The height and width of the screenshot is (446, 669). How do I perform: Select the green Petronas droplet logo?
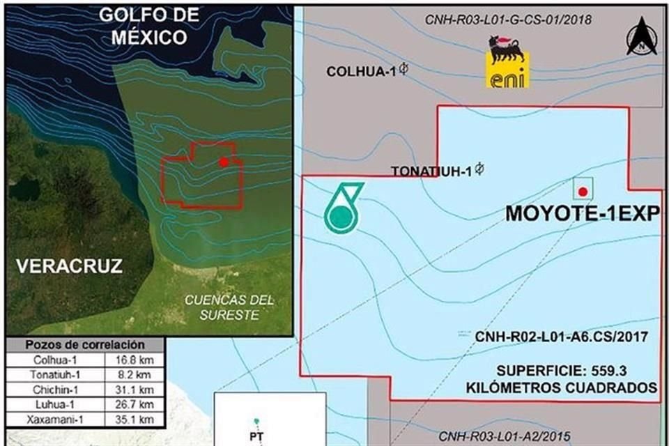click(342, 207)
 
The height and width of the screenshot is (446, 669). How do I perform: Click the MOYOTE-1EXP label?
click(581, 214)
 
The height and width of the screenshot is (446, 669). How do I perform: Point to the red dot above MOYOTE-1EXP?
click(583, 192)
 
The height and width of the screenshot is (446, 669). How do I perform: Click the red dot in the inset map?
click(223, 162)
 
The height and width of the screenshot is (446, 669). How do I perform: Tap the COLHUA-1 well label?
click(362, 71)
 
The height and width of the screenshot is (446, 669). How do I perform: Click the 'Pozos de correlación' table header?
click(84, 345)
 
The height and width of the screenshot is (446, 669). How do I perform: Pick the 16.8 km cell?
click(137, 360)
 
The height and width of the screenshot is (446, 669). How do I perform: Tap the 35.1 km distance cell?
click(137, 420)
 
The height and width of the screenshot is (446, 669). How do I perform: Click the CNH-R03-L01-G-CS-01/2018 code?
click(508, 19)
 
